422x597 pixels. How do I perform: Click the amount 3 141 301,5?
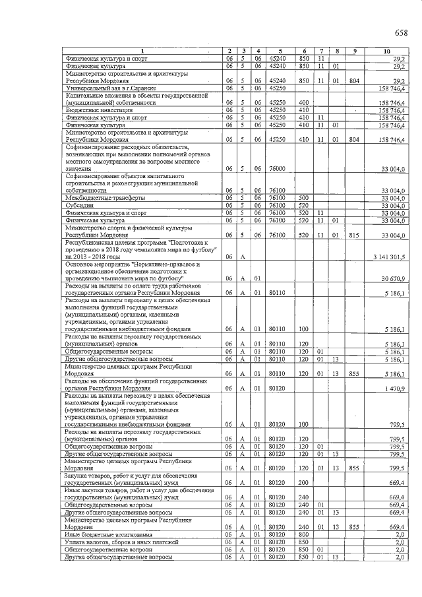(x=392, y=257)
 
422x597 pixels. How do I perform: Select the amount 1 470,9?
(x=398, y=388)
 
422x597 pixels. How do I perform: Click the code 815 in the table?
(x=354, y=235)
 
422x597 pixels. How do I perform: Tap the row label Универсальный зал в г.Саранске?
(x=110, y=88)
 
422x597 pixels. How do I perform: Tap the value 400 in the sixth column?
(x=304, y=103)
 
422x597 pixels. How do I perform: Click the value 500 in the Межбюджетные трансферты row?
(x=304, y=198)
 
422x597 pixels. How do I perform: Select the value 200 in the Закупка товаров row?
(x=304, y=483)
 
